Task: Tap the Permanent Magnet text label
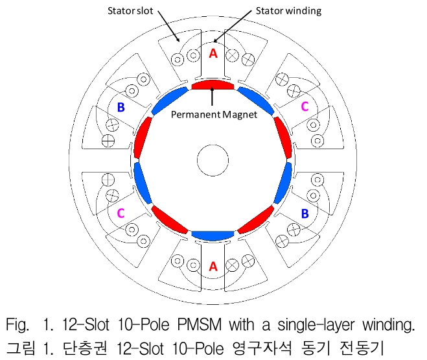pyautogui.click(x=214, y=115)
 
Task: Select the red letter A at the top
pyautogui.click(x=214, y=54)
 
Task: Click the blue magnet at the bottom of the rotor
pyautogui.click(x=214, y=234)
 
